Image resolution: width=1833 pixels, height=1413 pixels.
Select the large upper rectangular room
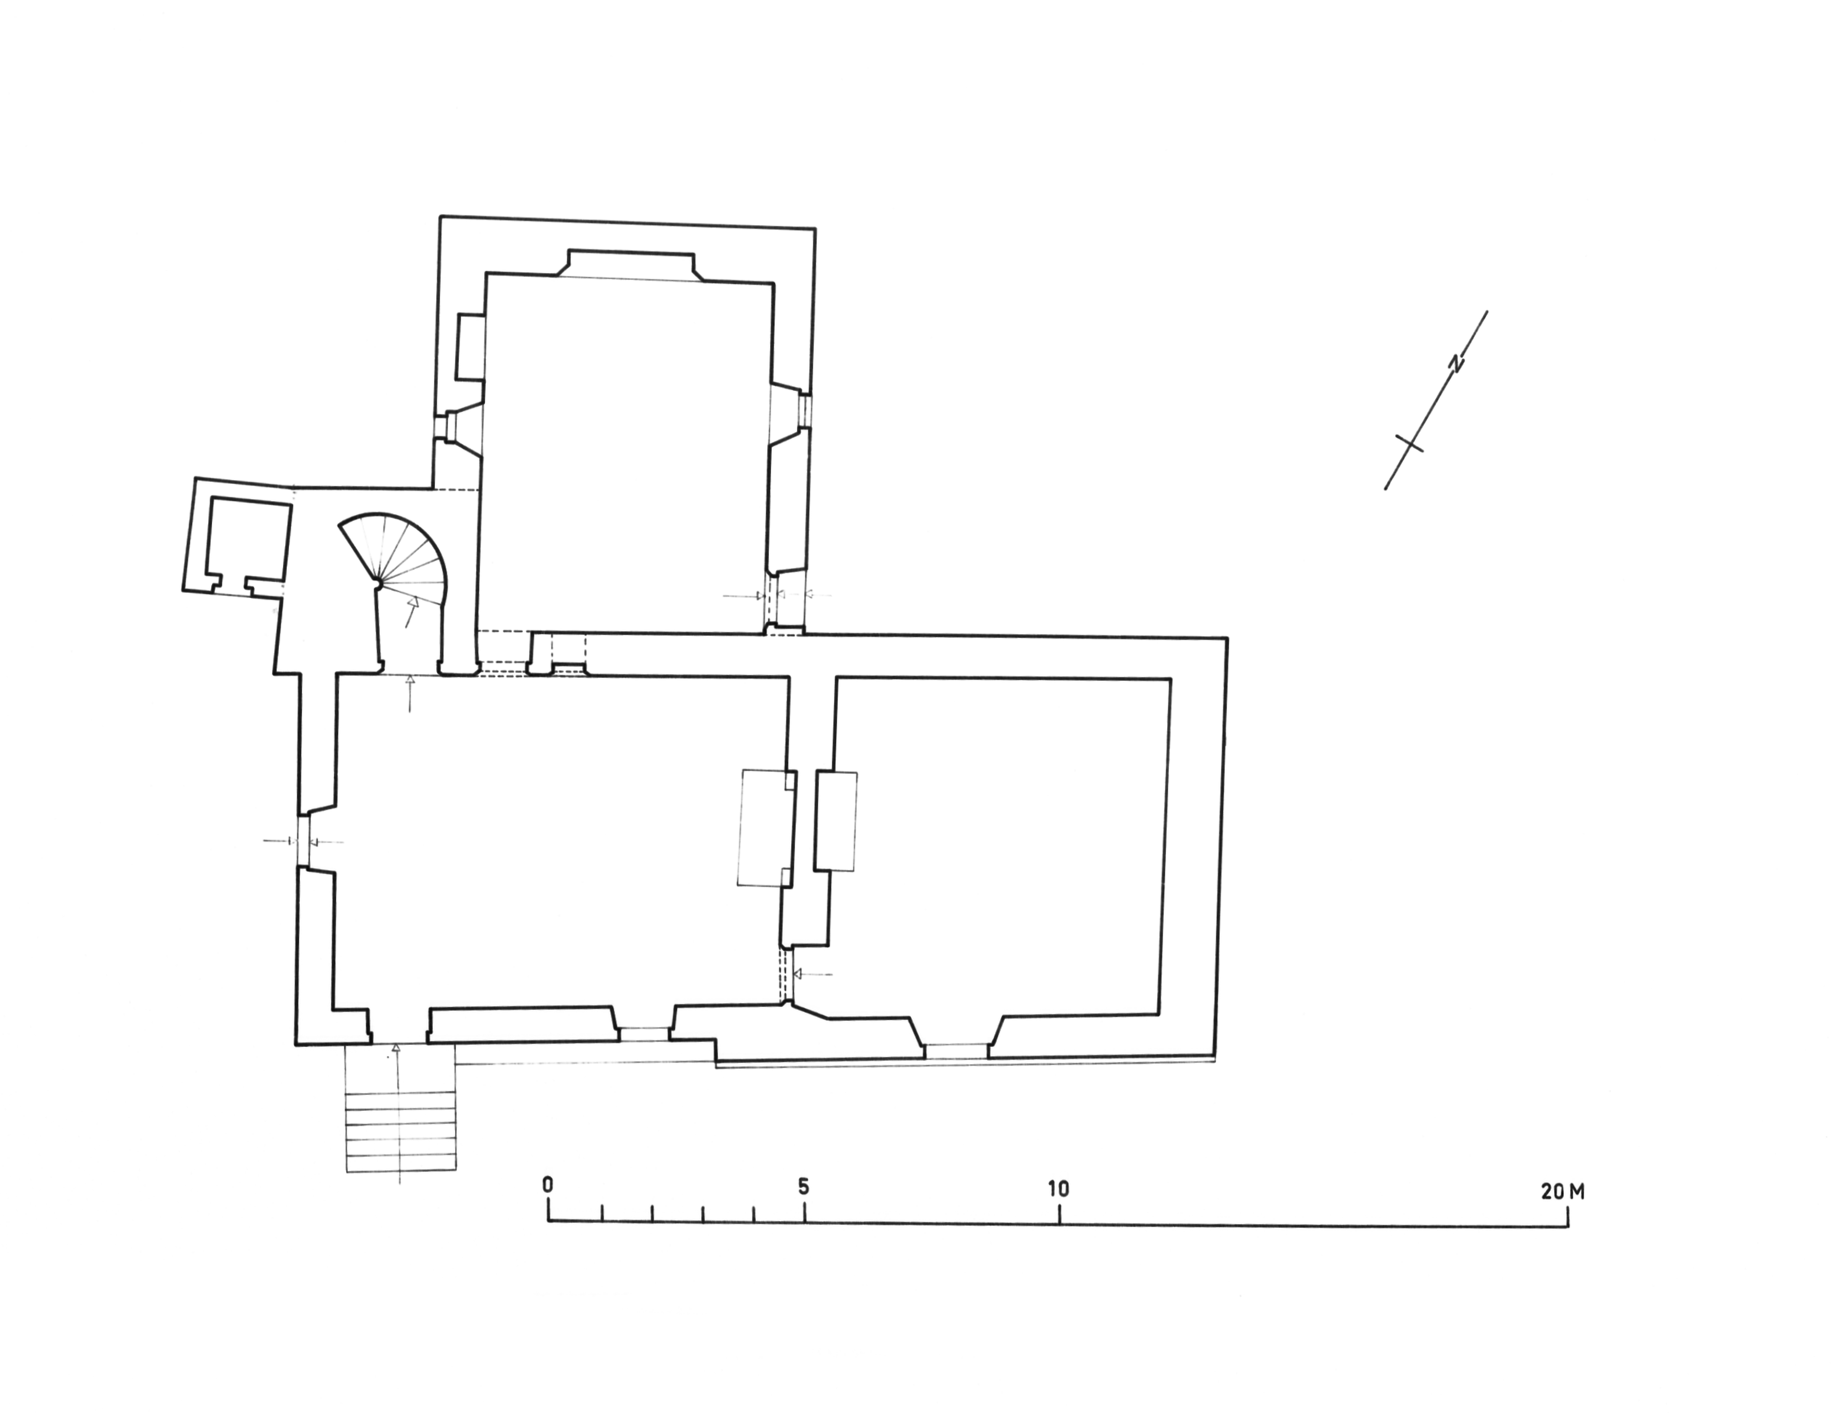(625, 453)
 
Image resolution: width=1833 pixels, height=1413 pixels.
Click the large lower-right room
(999, 848)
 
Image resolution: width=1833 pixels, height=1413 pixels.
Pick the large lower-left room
(558, 840)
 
